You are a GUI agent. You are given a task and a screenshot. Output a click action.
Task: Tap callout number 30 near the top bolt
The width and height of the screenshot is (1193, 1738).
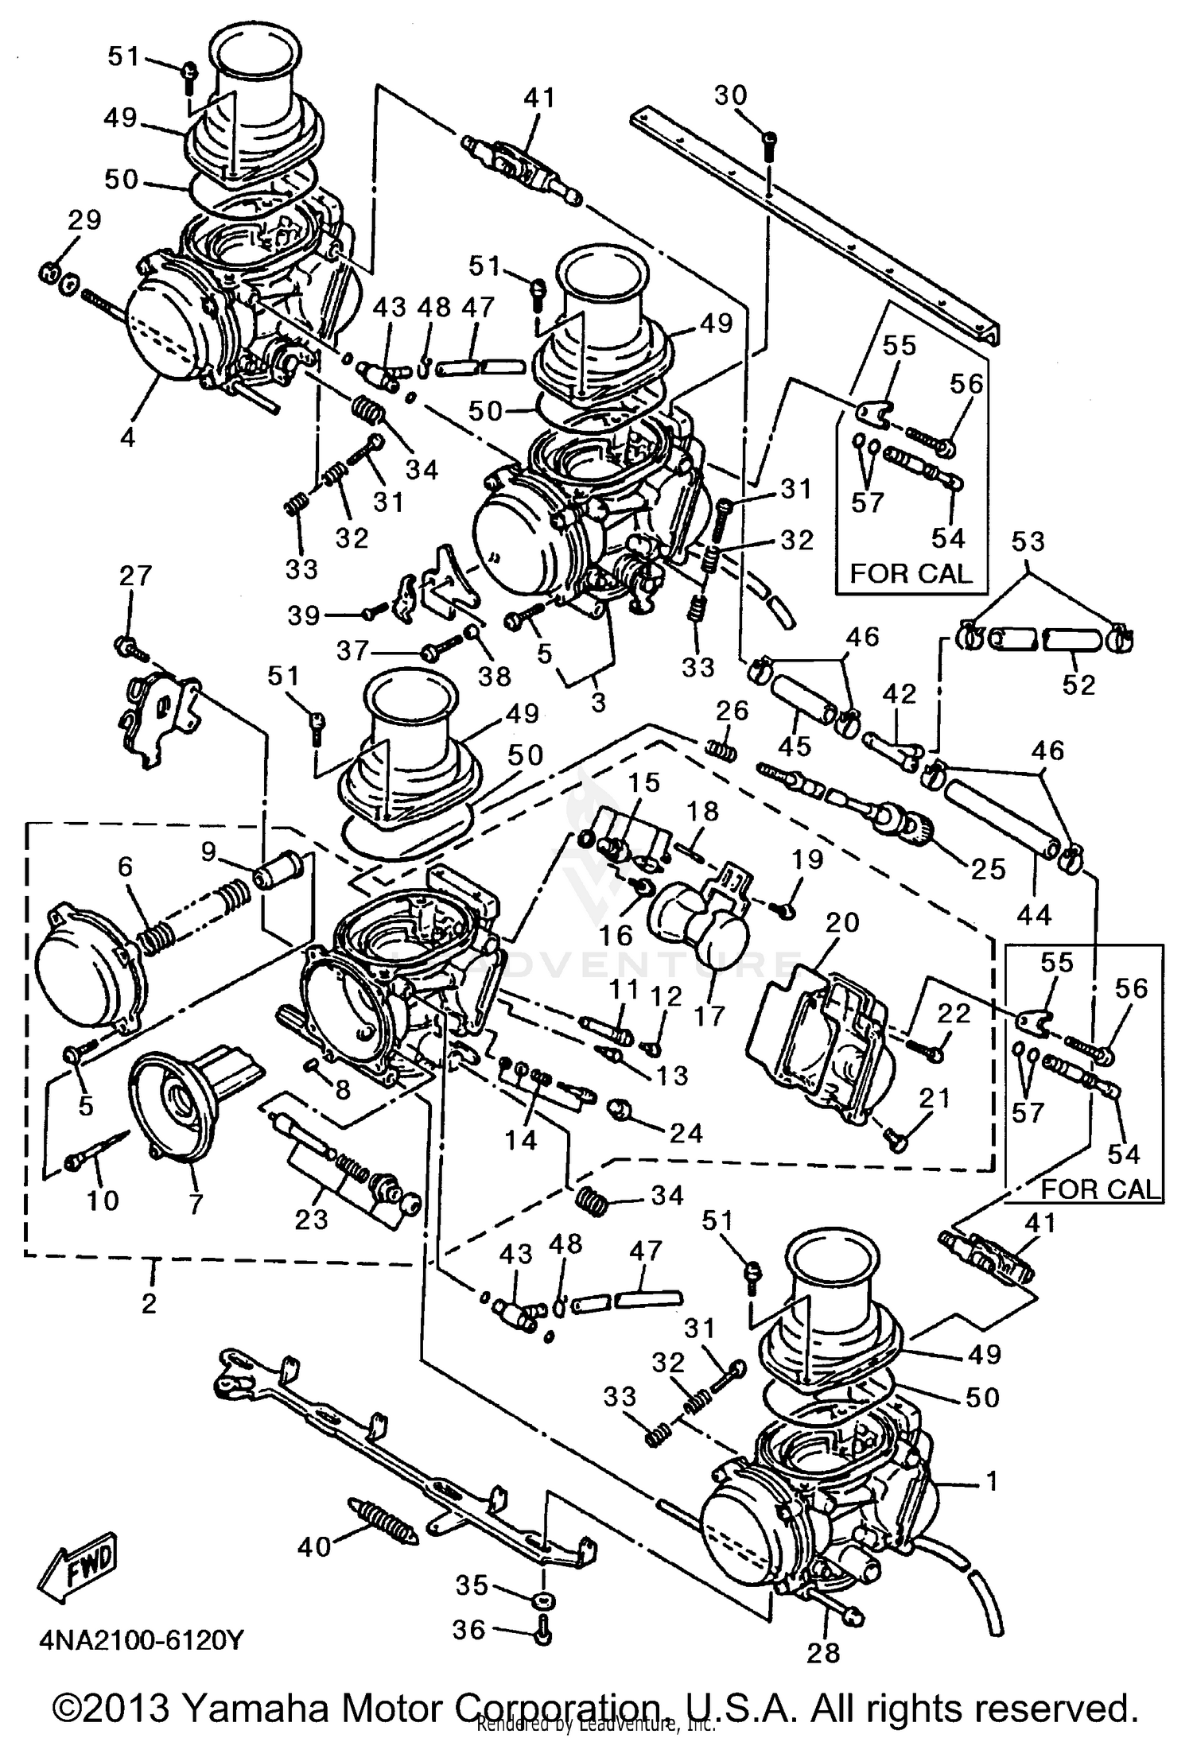pyautogui.click(x=730, y=95)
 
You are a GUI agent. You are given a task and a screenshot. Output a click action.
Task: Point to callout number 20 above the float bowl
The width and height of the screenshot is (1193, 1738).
pyautogui.click(x=842, y=922)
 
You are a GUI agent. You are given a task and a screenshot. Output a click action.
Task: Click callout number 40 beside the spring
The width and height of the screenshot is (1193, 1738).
pyautogui.click(x=313, y=1546)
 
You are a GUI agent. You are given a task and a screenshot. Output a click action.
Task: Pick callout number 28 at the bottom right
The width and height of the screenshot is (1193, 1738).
pyautogui.click(x=822, y=1653)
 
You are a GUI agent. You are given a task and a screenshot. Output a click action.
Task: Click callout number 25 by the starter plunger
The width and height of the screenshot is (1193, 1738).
pyautogui.click(x=989, y=869)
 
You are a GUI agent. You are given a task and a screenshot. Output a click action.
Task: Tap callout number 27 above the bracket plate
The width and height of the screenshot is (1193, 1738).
pyautogui.click(x=134, y=575)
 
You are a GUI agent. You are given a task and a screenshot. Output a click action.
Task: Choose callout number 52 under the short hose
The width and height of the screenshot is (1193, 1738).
pyautogui.click(x=1078, y=685)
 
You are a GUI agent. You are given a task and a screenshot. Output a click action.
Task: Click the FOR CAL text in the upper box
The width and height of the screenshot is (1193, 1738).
pyautogui.click(x=911, y=573)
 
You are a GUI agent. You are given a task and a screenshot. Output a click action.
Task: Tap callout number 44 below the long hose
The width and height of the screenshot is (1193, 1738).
pyautogui.click(x=1034, y=915)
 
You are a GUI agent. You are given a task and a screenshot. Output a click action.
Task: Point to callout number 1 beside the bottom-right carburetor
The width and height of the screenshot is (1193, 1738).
pyautogui.click(x=991, y=1480)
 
